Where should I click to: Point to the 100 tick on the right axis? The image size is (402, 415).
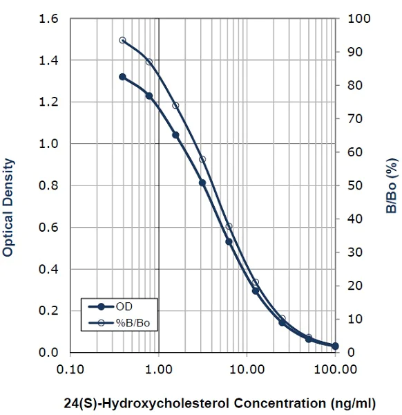point(354,19)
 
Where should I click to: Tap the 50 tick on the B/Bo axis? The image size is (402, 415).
point(352,185)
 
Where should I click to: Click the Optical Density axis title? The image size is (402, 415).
point(8,207)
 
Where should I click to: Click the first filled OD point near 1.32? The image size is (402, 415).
point(122,77)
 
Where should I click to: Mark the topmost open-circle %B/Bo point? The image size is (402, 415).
point(122,40)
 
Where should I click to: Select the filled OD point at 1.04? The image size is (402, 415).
point(175,135)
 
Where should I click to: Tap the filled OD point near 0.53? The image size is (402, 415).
point(229,241)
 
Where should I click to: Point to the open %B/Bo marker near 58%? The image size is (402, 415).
point(202,159)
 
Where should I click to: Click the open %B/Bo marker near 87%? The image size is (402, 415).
point(149,62)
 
